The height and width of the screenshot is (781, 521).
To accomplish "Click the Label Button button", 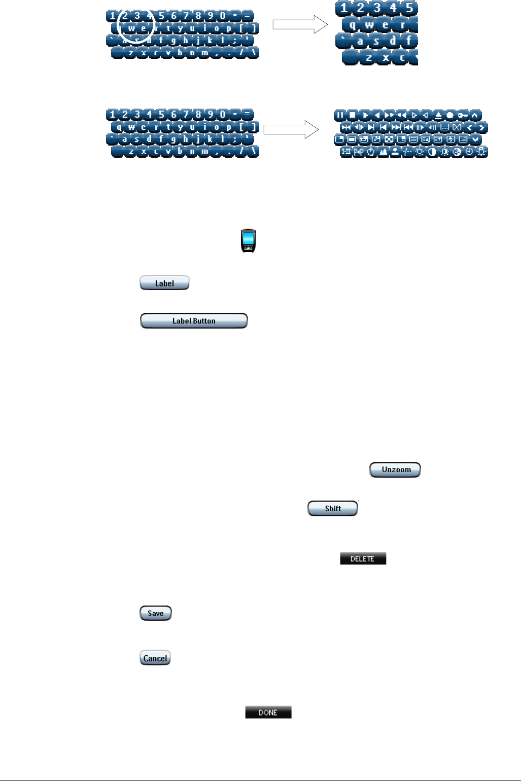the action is [x=194, y=321].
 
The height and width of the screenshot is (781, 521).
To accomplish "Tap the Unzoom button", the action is [x=395, y=470].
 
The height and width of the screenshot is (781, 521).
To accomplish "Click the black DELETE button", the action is [x=363, y=558].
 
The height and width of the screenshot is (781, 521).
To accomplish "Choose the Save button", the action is [x=156, y=613].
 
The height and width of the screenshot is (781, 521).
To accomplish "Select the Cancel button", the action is [x=155, y=658].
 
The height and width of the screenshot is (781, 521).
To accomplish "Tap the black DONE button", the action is [x=268, y=713].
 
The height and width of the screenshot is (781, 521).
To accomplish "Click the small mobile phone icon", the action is [x=248, y=241].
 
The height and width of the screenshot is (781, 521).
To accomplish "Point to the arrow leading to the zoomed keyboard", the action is [x=300, y=24].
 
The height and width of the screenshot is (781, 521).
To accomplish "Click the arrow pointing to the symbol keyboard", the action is [x=291, y=129].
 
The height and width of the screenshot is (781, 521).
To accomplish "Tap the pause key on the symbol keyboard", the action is [x=340, y=116].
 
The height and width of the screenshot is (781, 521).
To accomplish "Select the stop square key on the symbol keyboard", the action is [x=352, y=116].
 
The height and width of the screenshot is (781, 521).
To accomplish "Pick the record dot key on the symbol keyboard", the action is [x=450, y=116].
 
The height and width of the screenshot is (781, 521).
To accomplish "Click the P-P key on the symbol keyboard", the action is [x=359, y=152].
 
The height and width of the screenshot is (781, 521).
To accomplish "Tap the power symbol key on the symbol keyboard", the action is [x=371, y=152].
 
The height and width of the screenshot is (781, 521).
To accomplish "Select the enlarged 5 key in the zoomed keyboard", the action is [x=409, y=9].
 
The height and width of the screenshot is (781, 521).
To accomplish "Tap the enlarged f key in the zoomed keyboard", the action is [x=409, y=41].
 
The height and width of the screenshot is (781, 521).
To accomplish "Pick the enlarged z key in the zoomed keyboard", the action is [x=369, y=57].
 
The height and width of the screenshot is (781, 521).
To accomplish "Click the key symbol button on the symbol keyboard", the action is [x=462, y=116].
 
